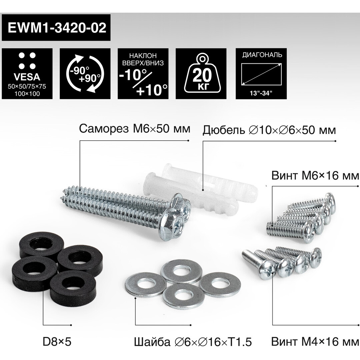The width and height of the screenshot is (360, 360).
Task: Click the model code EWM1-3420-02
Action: click(x=57, y=28)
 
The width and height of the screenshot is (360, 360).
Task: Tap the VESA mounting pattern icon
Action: click(x=27, y=74)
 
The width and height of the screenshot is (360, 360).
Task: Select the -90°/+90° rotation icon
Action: click(x=85, y=74)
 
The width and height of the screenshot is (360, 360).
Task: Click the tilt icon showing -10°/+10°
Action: click(x=143, y=74)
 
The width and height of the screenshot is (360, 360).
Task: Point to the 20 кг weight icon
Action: click(x=201, y=74)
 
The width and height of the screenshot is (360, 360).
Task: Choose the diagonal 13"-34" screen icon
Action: click(x=261, y=74)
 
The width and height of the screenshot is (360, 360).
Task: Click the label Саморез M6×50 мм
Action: click(x=135, y=129)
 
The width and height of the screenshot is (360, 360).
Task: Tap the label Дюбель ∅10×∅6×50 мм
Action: click(x=269, y=130)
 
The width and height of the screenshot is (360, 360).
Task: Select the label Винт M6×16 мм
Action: click(x=315, y=176)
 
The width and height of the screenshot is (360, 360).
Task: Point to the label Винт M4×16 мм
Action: click(x=315, y=342)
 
